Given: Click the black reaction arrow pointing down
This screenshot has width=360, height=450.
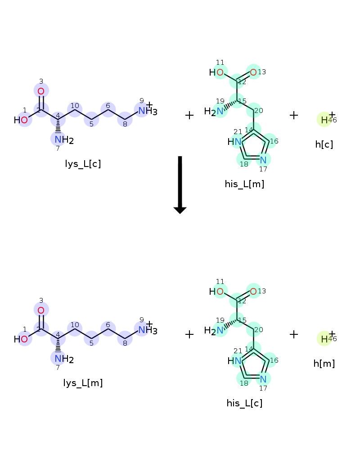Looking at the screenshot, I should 180,184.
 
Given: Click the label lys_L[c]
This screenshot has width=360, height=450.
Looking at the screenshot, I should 83,164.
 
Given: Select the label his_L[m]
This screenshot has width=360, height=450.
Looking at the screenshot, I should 244,184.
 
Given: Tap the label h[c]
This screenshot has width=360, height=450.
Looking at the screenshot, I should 324,144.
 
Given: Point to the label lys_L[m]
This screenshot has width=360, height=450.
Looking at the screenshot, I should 83,383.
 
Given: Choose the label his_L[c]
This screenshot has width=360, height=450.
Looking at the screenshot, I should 244,403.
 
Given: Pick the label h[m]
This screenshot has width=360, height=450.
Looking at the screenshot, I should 324,364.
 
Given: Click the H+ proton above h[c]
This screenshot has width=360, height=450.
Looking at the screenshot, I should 325,120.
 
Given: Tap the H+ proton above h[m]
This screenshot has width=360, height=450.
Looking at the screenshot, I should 325,339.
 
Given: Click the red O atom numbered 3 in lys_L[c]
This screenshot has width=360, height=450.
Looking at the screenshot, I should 41,91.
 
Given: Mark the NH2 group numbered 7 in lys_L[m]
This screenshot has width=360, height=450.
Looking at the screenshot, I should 62,359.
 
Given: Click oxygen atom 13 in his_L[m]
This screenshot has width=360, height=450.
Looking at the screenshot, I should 253,72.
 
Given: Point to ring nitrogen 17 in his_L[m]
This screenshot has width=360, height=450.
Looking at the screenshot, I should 263,159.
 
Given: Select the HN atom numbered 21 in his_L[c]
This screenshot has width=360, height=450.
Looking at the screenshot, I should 236,361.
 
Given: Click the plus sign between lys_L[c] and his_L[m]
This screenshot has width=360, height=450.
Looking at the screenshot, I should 189,115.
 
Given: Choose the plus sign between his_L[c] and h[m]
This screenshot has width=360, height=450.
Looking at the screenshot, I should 294,334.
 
